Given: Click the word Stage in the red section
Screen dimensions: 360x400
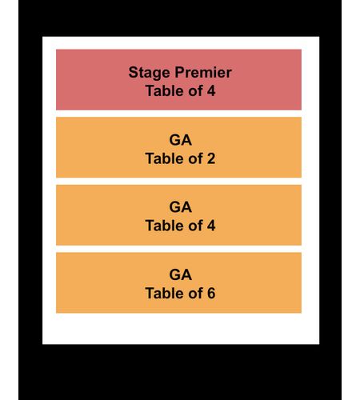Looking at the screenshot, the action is click(149, 73).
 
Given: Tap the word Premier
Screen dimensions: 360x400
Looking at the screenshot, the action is click(203, 72).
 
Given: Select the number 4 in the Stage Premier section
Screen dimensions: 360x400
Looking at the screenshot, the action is click(211, 91).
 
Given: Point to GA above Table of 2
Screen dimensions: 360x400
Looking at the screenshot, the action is click(180, 140).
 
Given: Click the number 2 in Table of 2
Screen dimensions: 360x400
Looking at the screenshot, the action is click(211, 158).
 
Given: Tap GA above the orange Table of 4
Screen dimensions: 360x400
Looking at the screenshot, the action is click(180, 207).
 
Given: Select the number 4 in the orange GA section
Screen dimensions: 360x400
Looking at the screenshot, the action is click(211, 226).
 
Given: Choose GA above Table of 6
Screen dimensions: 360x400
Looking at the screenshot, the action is click(180, 275).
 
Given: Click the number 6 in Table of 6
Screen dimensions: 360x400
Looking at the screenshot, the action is click(211, 294).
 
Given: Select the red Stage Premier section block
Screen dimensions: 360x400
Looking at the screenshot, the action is click(178, 79).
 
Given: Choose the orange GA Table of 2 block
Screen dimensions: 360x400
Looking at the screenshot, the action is click(178, 147).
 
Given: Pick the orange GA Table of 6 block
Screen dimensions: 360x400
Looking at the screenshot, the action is click(178, 282).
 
